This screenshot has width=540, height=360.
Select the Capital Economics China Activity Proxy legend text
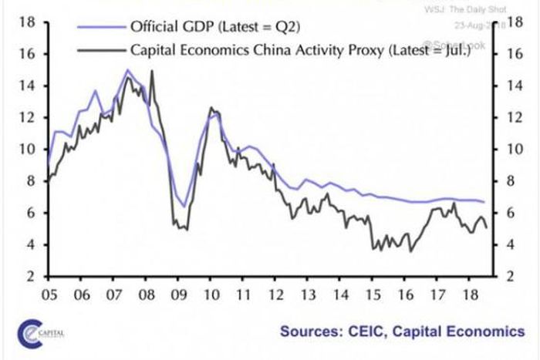click(x=296, y=52)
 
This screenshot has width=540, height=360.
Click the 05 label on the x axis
click(x=50, y=294)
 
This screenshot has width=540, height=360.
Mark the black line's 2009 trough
click(x=186, y=229)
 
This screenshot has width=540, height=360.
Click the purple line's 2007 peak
click(x=127, y=70)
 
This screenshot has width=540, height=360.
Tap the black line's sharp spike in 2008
click(x=150, y=71)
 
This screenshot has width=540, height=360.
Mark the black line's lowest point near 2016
click(x=410, y=251)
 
